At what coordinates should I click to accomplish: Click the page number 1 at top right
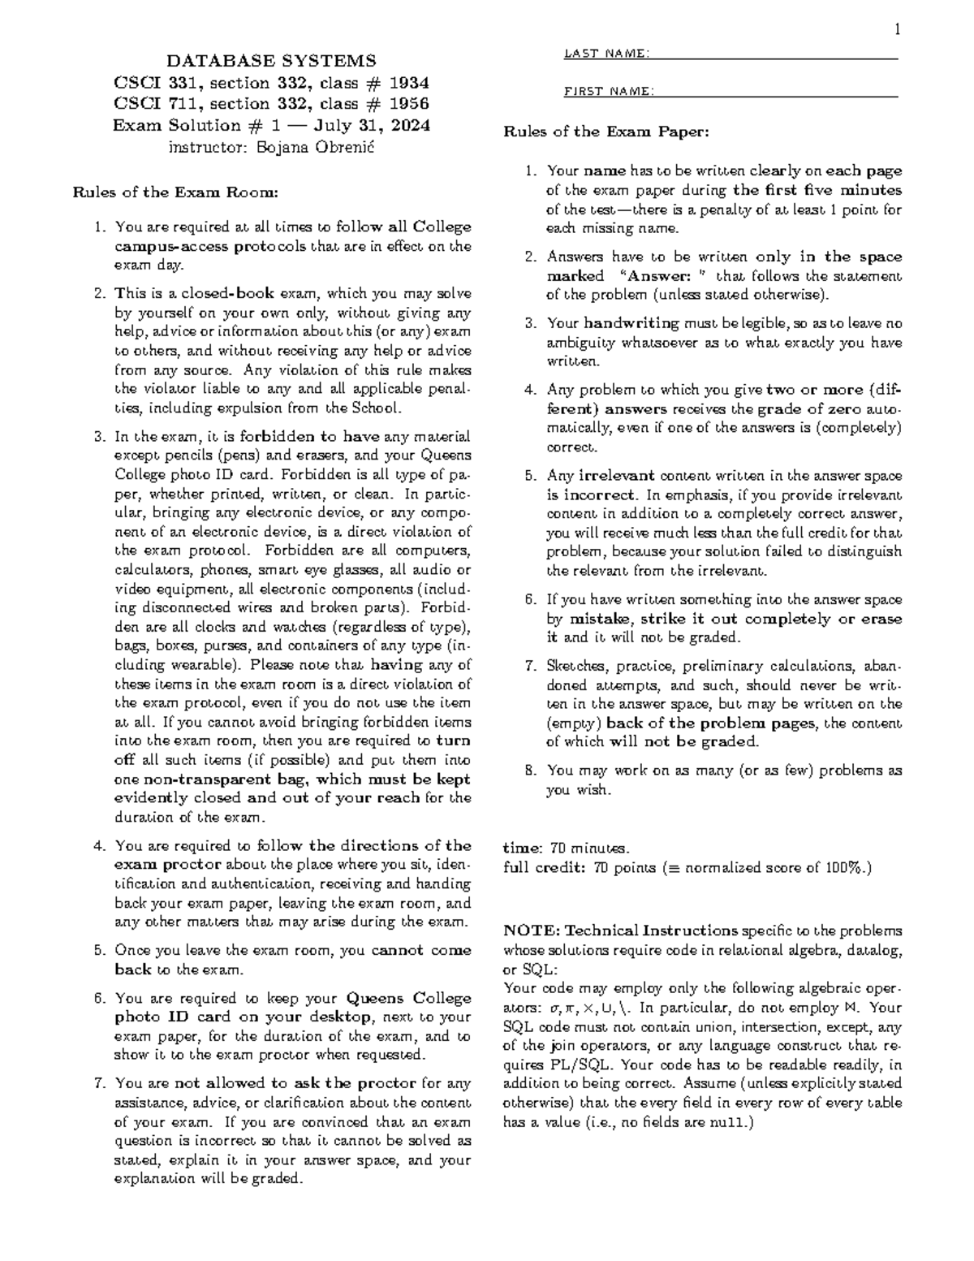tap(897, 31)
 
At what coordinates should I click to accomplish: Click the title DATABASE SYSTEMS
tap(271, 61)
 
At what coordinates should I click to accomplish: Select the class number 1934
tap(409, 83)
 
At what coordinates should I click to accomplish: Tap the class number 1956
tap(409, 104)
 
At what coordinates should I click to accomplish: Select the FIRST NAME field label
tap(608, 91)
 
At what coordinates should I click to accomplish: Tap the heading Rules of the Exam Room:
tap(176, 193)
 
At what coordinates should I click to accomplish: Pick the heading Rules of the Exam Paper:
tap(606, 132)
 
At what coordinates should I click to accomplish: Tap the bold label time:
tap(524, 849)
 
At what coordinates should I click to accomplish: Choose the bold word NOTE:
tap(532, 931)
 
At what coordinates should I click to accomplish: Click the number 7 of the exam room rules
tap(100, 1083)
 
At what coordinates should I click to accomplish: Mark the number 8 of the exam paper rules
tap(530, 771)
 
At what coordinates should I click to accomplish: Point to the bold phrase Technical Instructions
tap(651, 931)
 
